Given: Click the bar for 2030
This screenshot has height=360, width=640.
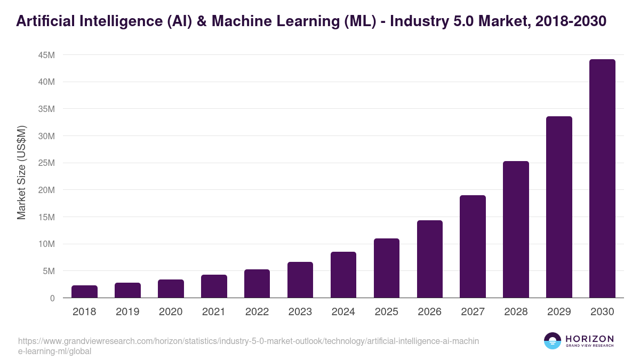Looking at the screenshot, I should point(602,179).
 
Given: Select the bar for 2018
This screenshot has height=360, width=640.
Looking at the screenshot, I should point(84,292).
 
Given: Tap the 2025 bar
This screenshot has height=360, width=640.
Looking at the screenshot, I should point(387,268).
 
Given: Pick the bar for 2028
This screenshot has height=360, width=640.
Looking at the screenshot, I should point(516,229).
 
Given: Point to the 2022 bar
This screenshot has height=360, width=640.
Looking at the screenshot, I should point(257,284).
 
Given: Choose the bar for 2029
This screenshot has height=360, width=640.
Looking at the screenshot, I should point(559,207).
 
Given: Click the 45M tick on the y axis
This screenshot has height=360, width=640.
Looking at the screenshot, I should point(46,55).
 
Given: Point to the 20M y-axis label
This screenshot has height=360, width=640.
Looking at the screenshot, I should point(46,190).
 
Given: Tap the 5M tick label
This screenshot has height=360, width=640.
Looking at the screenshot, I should point(48,271).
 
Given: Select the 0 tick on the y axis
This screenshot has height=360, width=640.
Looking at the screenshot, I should point(52,298).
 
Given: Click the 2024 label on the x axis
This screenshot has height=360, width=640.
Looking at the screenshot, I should point(343,312).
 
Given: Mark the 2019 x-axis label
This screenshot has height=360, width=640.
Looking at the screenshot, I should point(127,312).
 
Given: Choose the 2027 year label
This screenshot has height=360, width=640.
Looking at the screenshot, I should point(473,312).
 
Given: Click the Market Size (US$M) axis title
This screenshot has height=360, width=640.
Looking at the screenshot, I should point(21,172).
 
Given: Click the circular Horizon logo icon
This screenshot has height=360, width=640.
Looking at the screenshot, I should point(553,341).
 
